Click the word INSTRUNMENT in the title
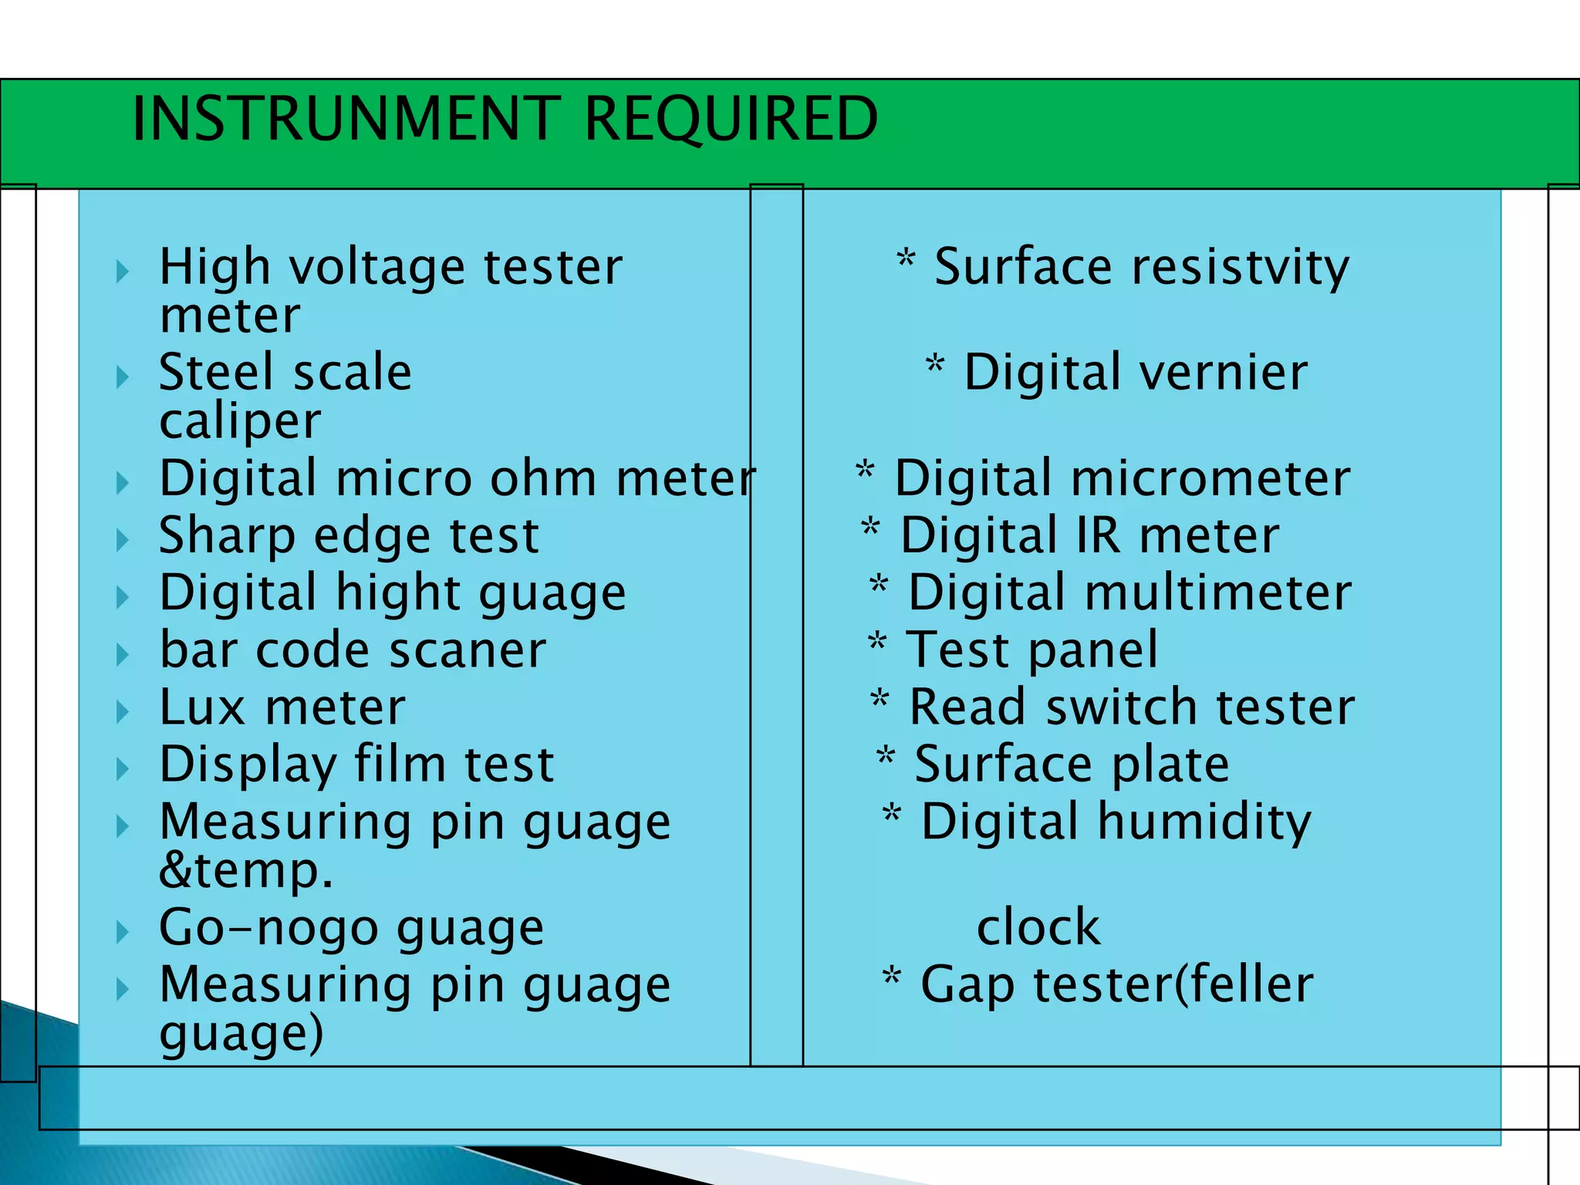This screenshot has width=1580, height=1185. tap(346, 119)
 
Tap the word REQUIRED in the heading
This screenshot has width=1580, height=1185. tap(731, 119)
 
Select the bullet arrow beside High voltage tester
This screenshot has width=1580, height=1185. tap(122, 271)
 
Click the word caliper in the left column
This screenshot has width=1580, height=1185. tap(240, 422)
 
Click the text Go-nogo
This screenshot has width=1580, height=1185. tap(268, 927)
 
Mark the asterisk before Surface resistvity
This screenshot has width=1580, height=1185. tap(906, 259)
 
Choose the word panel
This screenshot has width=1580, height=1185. tap(1093, 650)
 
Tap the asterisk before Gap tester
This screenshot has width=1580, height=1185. tap(892, 977)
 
